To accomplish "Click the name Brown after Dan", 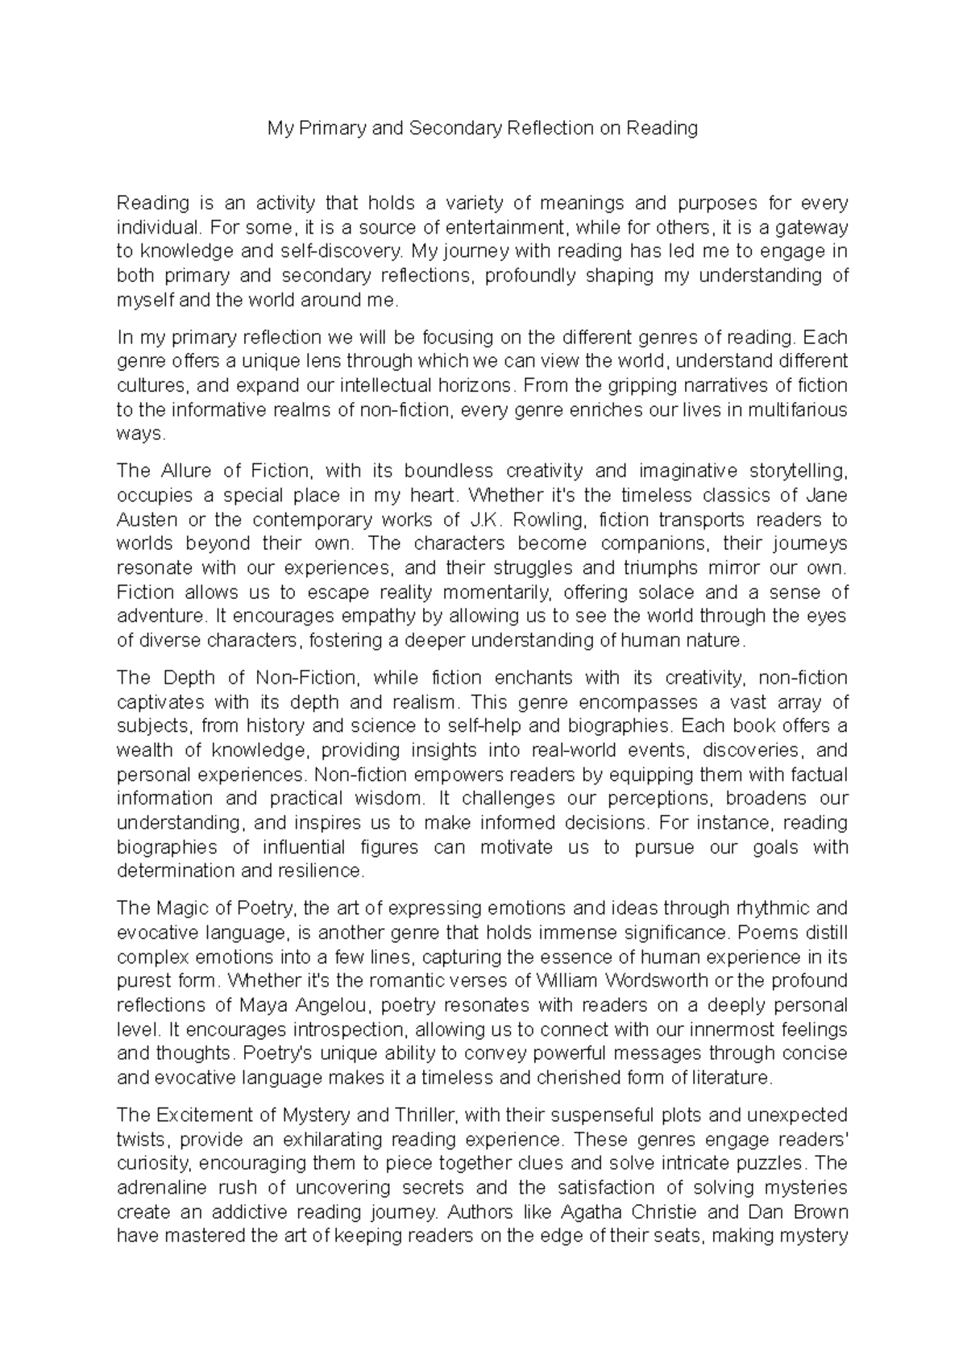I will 820,1212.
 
